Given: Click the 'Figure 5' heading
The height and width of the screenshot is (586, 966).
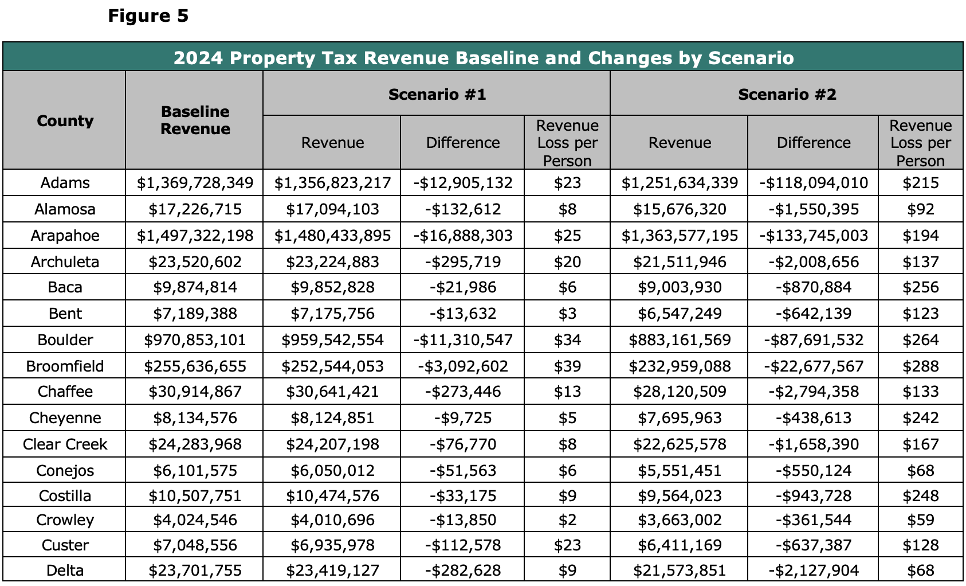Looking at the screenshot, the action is click(148, 16).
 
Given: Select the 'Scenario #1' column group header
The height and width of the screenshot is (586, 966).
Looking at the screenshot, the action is click(437, 94).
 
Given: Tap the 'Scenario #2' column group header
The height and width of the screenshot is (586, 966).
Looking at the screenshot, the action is click(787, 94).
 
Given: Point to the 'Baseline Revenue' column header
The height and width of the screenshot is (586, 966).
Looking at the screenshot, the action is click(195, 120).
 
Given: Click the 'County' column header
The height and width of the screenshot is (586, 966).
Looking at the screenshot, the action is click(65, 120).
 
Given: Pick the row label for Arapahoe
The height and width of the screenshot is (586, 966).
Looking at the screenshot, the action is click(65, 236).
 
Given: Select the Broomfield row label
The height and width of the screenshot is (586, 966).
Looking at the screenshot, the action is click(65, 366).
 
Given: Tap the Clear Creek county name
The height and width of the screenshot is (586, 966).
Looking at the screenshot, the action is click(65, 444).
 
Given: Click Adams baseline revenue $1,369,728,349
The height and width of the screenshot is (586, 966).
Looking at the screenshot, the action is click(195, 183).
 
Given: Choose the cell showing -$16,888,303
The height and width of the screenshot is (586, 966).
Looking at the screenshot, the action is click(463, 236).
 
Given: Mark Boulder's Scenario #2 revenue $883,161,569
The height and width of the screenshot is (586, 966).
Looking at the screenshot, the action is click(680, 340).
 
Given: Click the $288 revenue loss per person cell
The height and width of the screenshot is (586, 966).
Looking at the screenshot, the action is click(920, 366).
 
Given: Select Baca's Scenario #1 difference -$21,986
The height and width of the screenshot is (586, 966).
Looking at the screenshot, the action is click(463, 287).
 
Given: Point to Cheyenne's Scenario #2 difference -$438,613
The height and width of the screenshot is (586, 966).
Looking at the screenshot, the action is click(814, 417).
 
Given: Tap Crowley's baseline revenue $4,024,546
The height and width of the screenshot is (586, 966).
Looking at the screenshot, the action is click(195, 520).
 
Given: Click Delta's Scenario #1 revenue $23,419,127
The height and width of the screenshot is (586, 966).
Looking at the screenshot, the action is click(332, 571).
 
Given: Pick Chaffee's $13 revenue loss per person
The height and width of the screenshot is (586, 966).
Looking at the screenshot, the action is click(567, 392).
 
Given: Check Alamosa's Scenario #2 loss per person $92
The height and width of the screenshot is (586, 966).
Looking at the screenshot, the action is click(920, 209).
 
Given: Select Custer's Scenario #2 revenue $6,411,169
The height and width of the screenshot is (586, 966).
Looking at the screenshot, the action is click(680, 545).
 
